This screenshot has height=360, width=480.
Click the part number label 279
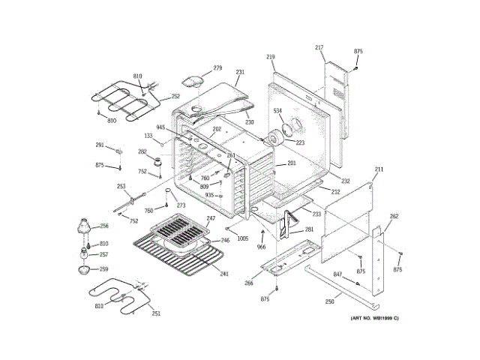pos(217,68)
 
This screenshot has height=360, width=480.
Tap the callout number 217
pos(319,48)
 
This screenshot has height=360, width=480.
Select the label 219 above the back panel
pos(271,56)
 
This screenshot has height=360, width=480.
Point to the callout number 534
pos(277,111)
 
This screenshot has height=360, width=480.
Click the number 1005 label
pos(243,238)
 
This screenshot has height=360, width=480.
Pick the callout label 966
pos(261,247)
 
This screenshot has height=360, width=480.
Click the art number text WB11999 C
pos(375,319)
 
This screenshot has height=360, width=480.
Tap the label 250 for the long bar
pos(329,301)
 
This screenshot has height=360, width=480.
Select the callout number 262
pos(394,216)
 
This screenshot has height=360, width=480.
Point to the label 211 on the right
pos(379,169)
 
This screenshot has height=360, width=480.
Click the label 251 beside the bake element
pos(156,314)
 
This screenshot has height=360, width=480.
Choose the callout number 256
pos(104,226)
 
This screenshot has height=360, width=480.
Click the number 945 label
pos(160,127)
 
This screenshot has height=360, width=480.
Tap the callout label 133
pos(148,136)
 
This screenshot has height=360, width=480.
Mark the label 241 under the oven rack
pos(223,274)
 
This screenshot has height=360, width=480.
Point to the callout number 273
pos(181,205)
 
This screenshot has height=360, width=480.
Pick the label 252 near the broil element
pos(175,96)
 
